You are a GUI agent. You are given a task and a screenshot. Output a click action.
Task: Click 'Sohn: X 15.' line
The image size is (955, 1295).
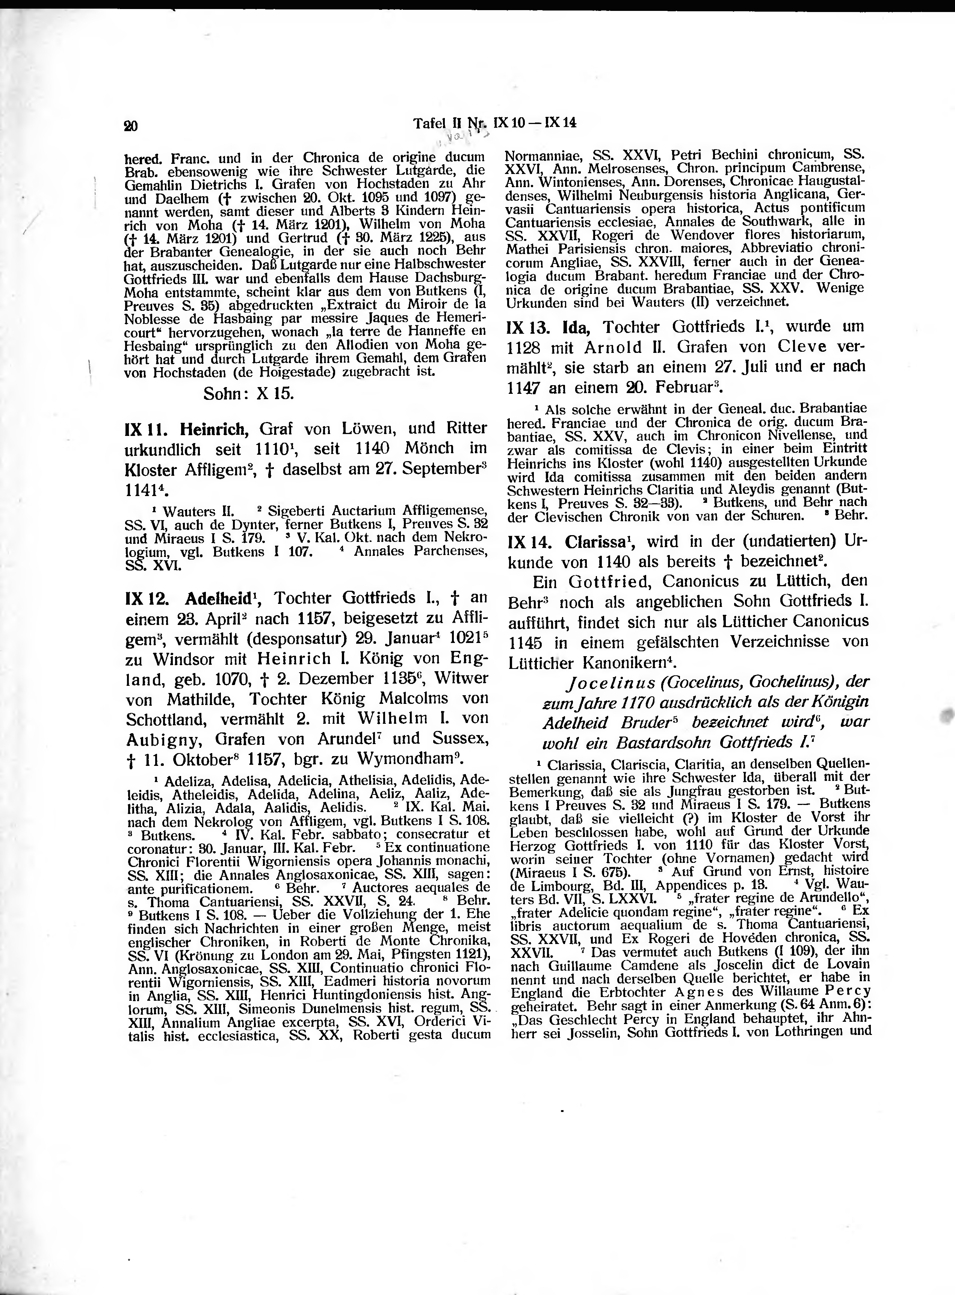(x=249, y=394)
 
